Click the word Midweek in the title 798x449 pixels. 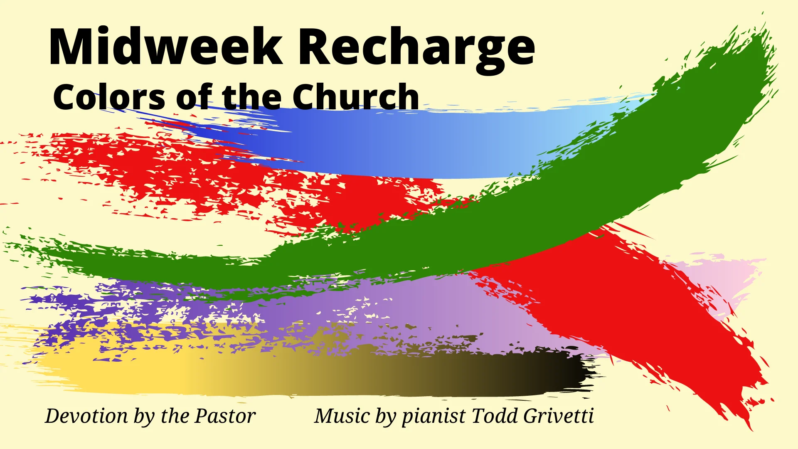coord(165,47)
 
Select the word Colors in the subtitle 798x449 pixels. coord(109,97)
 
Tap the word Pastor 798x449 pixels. coord(225,416)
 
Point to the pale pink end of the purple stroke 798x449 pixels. coord(731,274)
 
